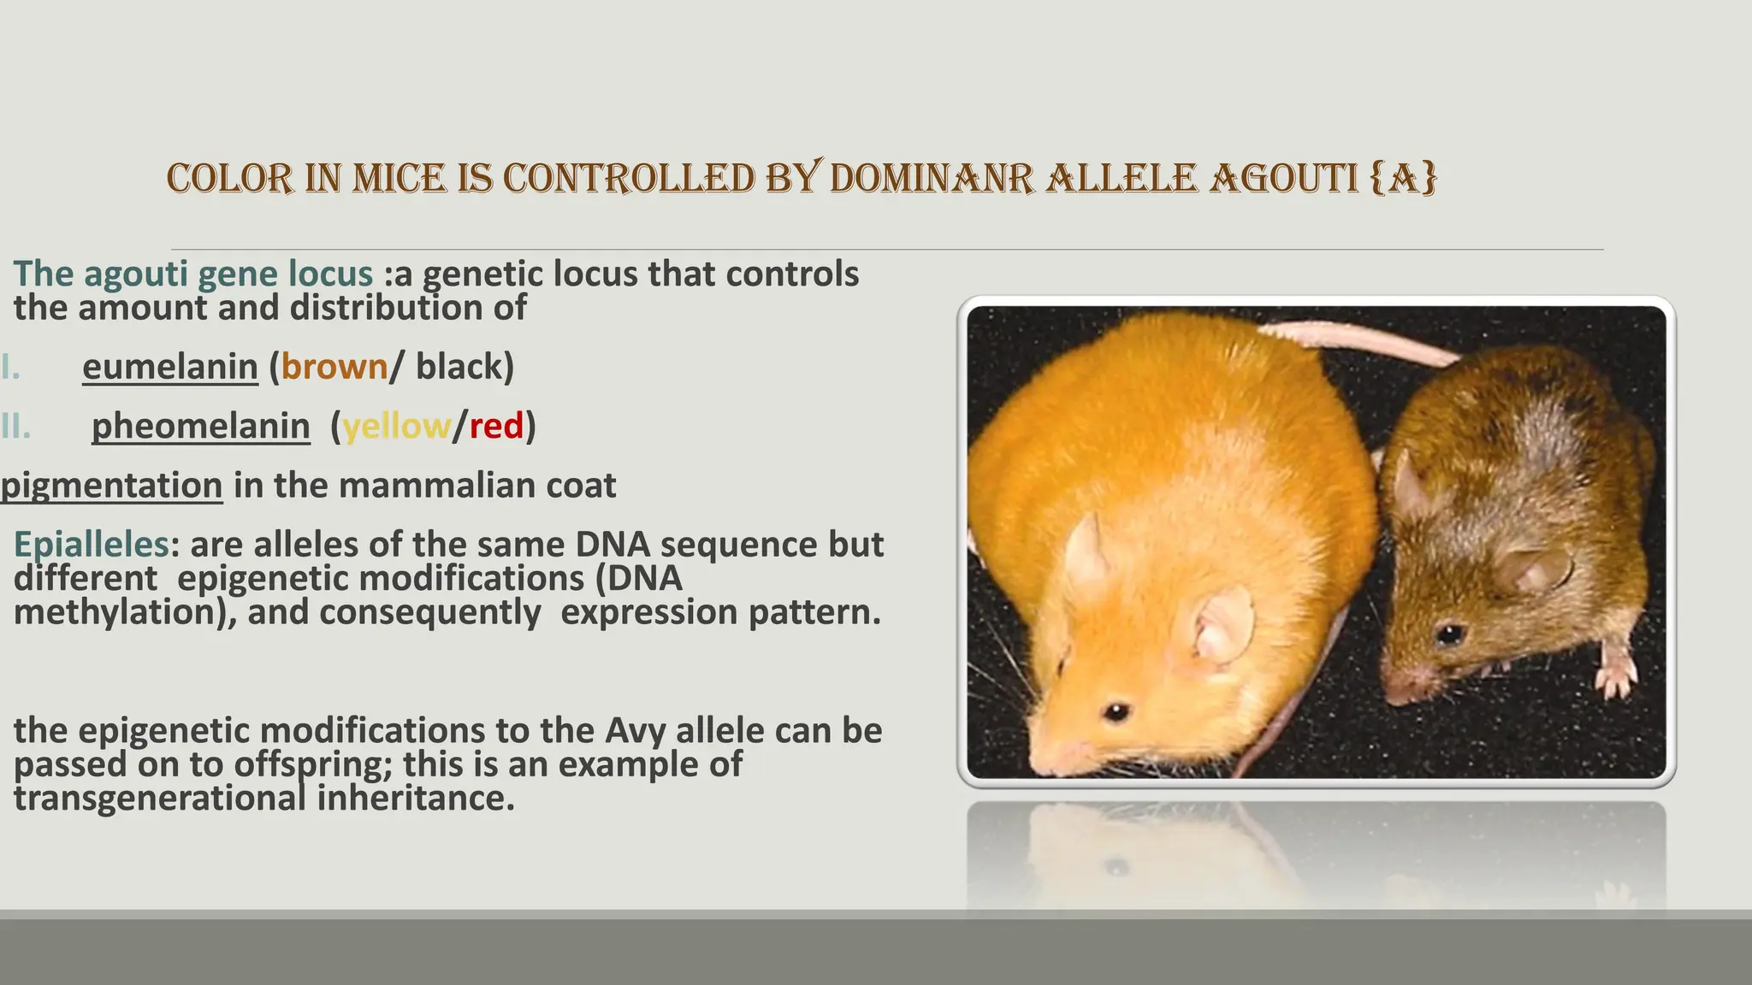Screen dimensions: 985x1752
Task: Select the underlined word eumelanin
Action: (x=169, y=367)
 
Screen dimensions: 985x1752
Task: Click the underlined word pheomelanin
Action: (x=200, y=426)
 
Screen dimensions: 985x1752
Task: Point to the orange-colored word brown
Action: (x=334, y=367)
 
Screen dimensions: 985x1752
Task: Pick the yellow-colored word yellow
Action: (x=396, y=426)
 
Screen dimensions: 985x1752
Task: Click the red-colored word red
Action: (x=496, y=426)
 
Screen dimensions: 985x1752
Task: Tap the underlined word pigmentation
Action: (x=111, y=486)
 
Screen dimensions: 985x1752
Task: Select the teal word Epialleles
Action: (x=91, y=545)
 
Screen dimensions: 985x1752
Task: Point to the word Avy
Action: (x=636, y=731)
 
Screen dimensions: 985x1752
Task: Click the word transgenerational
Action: (x=159, y=799)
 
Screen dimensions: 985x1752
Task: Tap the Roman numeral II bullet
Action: (x=15, y=426)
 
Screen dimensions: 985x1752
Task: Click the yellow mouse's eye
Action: (x=1116, y=711)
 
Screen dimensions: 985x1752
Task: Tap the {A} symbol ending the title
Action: (x=1403, y=179)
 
